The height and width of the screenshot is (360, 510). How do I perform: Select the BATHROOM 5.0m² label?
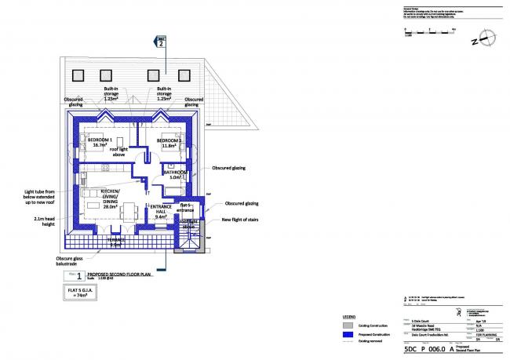coord(175,174)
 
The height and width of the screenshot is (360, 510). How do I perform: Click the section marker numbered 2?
coord(161,43)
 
